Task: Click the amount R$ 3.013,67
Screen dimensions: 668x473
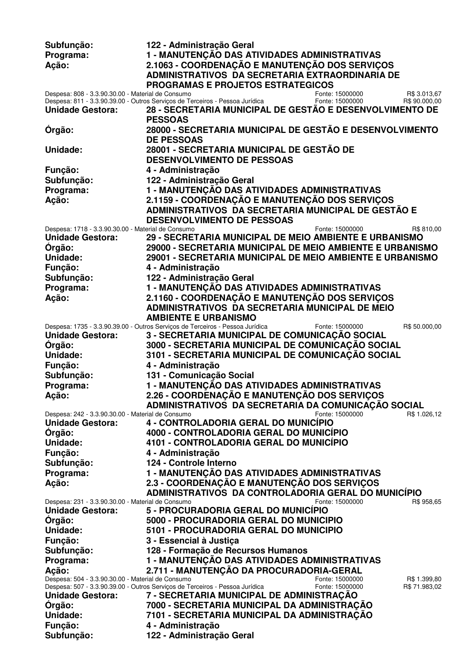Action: tap(424, 94)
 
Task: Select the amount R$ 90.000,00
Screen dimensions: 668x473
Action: tap(422, 101)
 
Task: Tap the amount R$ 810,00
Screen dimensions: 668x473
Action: tap(427, 229)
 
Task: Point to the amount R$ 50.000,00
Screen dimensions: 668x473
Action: tap(422, 326)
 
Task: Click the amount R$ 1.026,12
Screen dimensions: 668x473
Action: tap(424, 414)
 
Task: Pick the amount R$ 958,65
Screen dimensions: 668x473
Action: tap(427, 502)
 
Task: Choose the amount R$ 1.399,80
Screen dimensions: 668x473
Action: tap(424, 579)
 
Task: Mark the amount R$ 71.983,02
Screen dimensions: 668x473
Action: tap(422, 586)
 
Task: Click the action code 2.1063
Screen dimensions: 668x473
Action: tap(159, 65)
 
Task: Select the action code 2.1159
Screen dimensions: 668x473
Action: tap(159, 200)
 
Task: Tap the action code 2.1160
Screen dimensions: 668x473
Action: tap(159, 297)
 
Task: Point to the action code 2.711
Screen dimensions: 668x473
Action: tap(157, 571)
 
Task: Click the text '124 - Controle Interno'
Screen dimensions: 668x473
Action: tap(191, 463)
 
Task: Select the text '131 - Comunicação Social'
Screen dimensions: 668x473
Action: tap(200, 376)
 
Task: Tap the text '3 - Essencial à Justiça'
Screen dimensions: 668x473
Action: tap(192, 540)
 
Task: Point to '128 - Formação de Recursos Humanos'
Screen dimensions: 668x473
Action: tap(227, 550)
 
